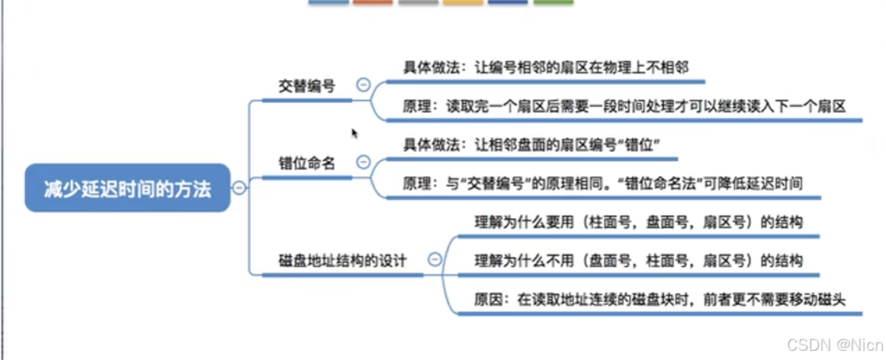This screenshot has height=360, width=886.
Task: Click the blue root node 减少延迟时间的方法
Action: (x=127, y=188)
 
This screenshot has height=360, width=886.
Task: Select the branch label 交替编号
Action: (x=307, y=85)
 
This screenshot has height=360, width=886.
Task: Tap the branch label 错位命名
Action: (x=307, y=162)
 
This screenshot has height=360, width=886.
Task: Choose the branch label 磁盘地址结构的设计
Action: (x=342, y=260)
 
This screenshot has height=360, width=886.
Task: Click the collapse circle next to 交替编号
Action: (x=364, y=85)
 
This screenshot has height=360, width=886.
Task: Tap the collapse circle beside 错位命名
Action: (x=364, y=162)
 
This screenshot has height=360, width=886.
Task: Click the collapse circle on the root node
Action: (x=239, y=188)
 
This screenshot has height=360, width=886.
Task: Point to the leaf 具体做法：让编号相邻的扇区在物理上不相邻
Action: (x=546, y=67)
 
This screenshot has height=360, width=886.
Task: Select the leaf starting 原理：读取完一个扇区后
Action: (x=624, y=107)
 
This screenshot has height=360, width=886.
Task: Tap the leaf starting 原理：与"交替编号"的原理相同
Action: (x=602, y=183)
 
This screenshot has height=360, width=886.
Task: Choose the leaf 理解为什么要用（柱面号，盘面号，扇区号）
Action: (x=638, y=222)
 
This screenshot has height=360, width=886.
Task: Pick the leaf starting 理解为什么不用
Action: (x=638, y=260)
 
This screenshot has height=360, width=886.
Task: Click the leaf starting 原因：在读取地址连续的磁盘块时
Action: (x=660, y=299)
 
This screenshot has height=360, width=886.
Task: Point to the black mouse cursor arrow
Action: (x=355, y=133)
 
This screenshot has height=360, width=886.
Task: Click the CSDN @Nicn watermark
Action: (x=834, y=345)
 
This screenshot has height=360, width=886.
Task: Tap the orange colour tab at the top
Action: (x=373, y=3)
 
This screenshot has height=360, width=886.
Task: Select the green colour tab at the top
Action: (x=553, y=3)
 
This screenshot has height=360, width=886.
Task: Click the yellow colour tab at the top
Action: (x=463, y=3)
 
